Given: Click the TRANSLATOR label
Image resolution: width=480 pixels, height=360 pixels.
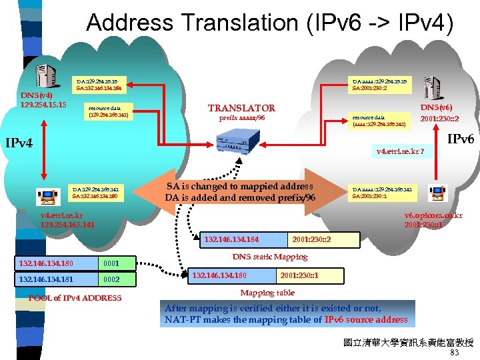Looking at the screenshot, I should coord(241,108).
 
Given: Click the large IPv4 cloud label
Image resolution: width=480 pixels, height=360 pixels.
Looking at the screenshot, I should coord(24,142).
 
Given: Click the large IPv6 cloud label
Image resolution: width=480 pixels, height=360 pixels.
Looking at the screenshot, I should coord(460,139).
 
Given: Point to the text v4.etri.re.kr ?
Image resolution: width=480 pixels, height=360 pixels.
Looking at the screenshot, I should coord(399,151).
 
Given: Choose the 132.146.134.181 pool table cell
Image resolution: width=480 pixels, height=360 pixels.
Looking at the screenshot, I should coord(47,279).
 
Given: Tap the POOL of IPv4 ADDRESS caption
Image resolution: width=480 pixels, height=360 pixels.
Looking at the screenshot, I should coord(75,298).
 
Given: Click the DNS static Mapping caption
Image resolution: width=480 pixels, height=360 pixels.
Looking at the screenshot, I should coord(269,257).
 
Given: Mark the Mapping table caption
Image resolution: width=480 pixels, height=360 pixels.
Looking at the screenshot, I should coord(267,293).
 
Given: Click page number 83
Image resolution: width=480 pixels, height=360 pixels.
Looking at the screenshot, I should coord(455,353).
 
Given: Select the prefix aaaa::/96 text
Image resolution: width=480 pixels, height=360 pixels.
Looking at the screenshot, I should coord(241,118).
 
